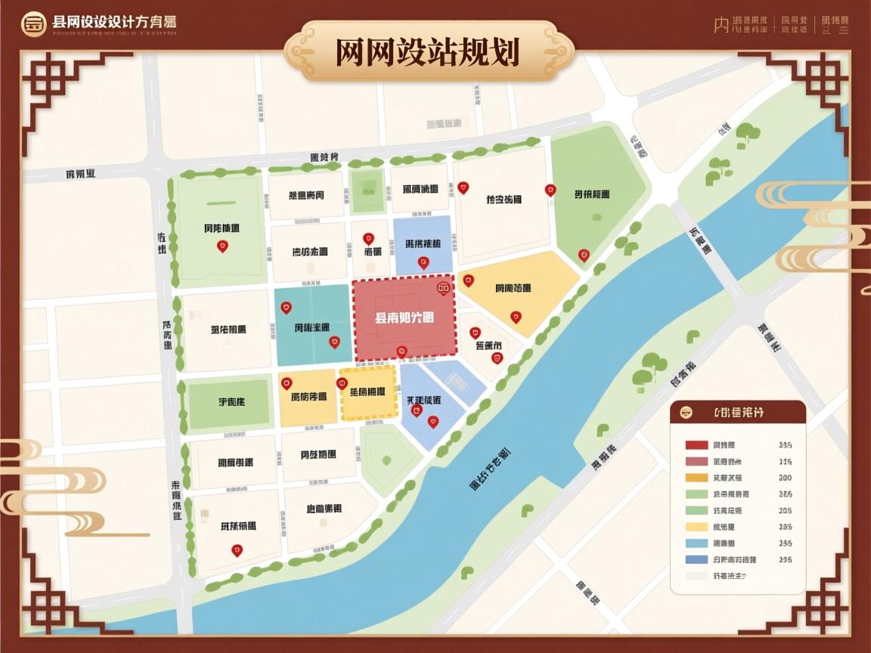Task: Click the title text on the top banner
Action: click(428, 53)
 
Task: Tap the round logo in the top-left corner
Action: click(33, 23)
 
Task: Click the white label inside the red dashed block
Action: click(405, 318)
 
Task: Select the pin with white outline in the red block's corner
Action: click(443, 287)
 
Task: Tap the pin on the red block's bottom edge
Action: click(401, 351)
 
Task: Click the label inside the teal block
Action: click(312, 327)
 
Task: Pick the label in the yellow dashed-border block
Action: click(367, 391)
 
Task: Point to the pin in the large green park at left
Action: click(222, 246)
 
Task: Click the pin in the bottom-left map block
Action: click(236, 550)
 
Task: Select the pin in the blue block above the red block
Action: click(423, 262)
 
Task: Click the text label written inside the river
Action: click(489, 469)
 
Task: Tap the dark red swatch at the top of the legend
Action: click(696, 444)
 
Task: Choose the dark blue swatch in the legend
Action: click(696, 560)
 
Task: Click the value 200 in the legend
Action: click(785, 478)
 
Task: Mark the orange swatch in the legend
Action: click(696, 478)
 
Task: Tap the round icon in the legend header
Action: click(687, 413)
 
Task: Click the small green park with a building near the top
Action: click(368, 190)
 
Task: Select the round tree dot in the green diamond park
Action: click(386, 460)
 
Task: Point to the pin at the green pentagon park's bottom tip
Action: click(583, 255)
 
